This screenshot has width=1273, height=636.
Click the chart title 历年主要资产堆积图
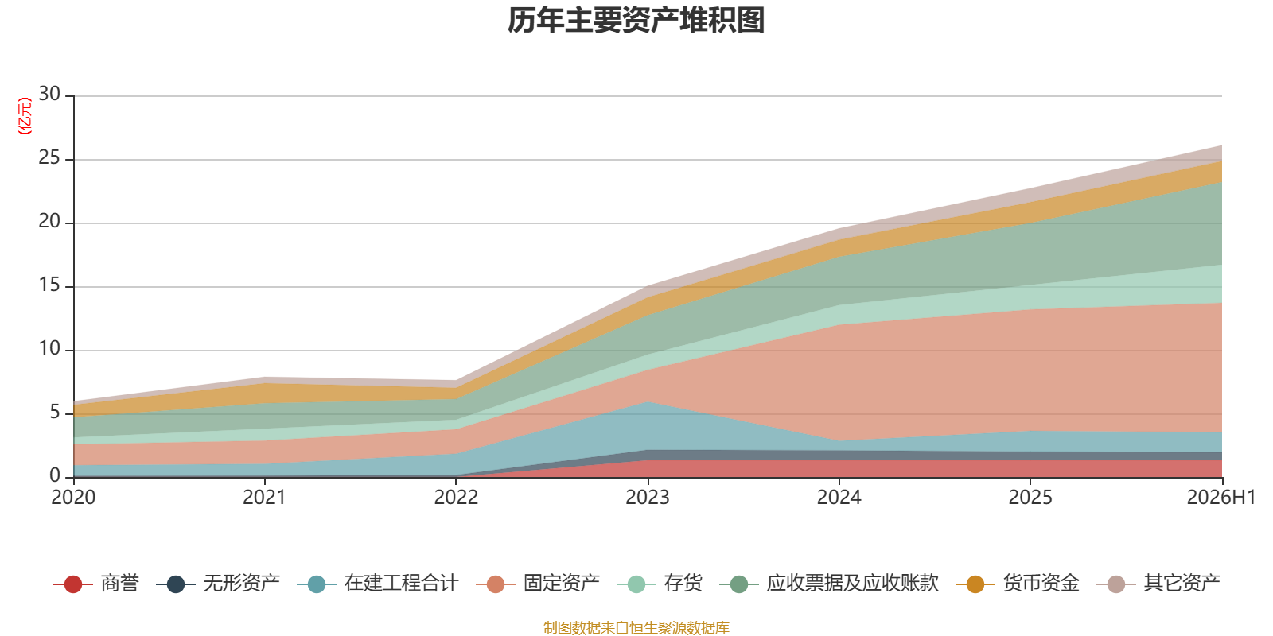point(636,21)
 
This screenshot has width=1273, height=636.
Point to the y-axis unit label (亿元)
point(25,116)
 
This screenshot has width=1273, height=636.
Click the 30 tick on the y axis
point(49,95)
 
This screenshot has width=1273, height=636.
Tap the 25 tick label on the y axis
point(49,158)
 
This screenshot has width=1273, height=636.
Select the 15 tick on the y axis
point(49,285)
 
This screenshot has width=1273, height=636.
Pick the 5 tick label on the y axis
point(55,413)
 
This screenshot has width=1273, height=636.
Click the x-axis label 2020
point(73,498)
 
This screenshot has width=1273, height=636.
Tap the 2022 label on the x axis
point(456,498)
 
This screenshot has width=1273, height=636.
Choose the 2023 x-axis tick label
point(648,498)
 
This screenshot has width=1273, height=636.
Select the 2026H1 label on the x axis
point(1221,498)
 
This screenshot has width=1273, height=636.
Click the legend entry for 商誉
point(96,584)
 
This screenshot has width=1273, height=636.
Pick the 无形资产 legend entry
point(218,584)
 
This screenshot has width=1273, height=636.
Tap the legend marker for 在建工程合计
point(316,584)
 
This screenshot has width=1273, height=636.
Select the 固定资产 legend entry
point(538,584)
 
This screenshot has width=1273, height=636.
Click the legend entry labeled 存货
point(660,584)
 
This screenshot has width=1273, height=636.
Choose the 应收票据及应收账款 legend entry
point(829,584)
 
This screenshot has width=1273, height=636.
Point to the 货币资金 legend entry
point(1018,584)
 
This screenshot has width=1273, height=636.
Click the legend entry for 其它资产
point(1158,584)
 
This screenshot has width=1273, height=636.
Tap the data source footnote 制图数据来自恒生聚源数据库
point(636,627)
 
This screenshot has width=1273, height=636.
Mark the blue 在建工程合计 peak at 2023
point(648,401)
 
